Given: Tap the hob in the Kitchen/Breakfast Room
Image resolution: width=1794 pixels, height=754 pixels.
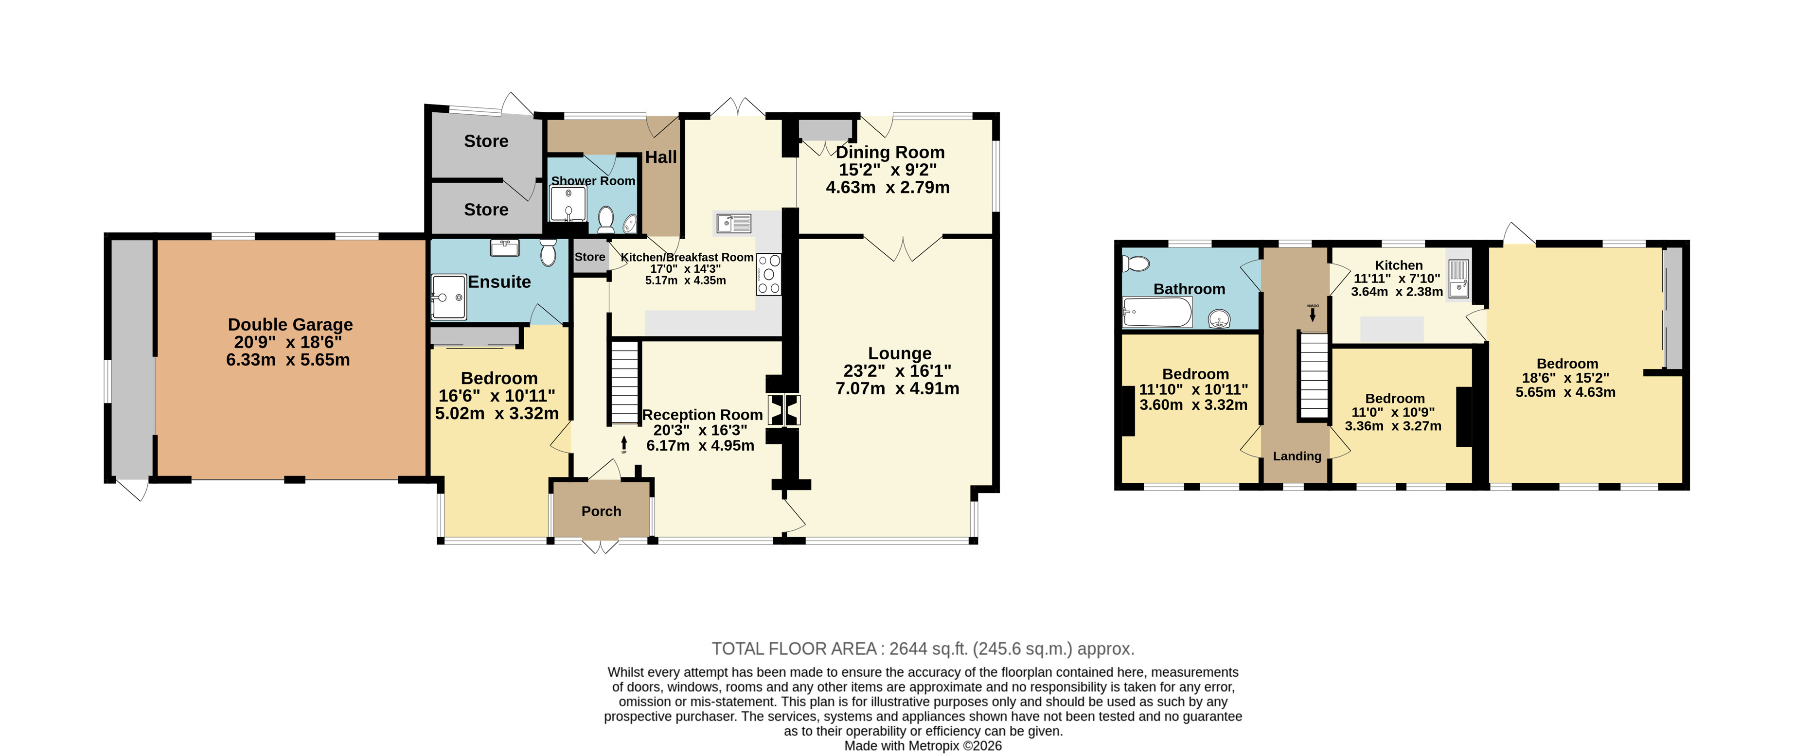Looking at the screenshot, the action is pos(769,274).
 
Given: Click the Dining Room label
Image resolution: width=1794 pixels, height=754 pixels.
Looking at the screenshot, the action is pos(890,153).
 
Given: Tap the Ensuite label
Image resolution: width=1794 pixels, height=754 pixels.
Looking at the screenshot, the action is pos(499,281).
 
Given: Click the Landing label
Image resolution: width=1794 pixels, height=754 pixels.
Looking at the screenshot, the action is pos(1297,456).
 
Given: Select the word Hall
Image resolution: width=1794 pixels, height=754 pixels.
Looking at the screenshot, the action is pos(661,158).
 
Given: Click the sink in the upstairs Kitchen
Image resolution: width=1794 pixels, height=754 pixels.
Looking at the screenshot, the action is pos(1459,279).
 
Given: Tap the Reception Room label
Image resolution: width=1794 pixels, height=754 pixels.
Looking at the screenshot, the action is pos(702,415).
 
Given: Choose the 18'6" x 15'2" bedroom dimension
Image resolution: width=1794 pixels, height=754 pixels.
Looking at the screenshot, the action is pos(1565,378).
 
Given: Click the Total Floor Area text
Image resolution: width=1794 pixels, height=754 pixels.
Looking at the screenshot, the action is pos(923,649).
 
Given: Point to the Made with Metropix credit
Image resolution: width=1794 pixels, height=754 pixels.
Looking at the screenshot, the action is pos(923,746).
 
